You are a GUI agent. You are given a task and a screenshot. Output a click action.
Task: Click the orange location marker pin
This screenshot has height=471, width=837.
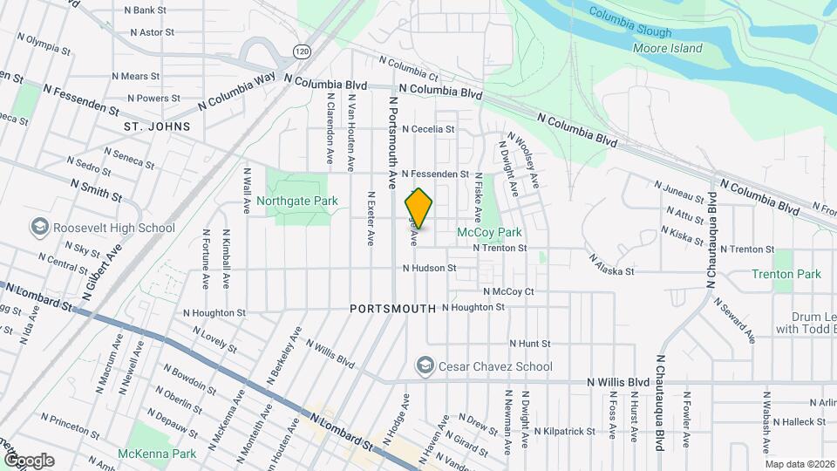pos(418,208)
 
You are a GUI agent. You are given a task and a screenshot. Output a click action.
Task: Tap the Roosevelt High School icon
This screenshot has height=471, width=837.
pos(39,228)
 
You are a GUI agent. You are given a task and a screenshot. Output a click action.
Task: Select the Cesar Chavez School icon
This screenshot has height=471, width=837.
pos(425,365)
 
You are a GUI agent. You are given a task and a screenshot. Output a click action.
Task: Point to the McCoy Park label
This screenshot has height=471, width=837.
pos(489,233)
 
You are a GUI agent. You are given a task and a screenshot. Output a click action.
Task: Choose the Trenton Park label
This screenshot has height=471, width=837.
pos(786,274)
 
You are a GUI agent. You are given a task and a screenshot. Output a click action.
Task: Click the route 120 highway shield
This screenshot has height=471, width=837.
pos(302,51)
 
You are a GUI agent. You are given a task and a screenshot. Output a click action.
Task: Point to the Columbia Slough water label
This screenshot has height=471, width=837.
pos(629,24)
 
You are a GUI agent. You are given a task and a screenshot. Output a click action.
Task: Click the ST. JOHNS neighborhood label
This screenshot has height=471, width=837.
pos(157,126)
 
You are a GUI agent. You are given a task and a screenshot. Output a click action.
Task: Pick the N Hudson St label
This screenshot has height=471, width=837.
pos(429,268)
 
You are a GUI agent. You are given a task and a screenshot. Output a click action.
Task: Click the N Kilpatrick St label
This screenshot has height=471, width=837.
pos(566,431)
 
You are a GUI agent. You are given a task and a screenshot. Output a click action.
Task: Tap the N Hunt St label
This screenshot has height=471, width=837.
pos(529,344)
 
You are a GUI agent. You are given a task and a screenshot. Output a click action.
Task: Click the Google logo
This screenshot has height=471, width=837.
pos(29,460)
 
